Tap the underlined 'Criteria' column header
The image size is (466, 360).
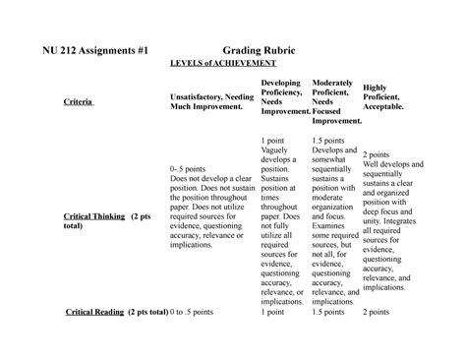click(78, 102)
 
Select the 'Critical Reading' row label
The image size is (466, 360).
click(94, 311)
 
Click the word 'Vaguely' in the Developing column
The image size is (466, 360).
click(277, 153)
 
